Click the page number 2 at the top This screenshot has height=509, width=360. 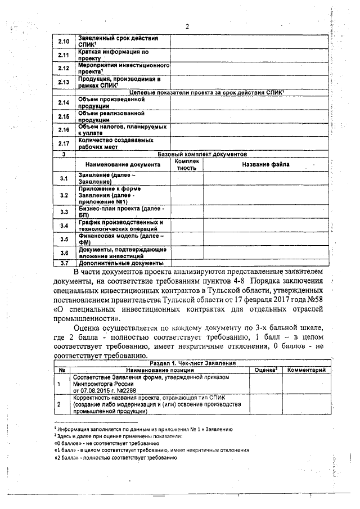pyautogui.click(x=187, y=26)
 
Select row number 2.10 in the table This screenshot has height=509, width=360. pyautogui.click(x=64, y=41)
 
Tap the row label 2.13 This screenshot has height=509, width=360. pyautogui.click(x=64, y=82)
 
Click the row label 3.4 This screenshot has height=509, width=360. pyautogui.click(x=64, y=226)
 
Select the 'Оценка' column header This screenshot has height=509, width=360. pyautogui.click(x=264, y=370)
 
